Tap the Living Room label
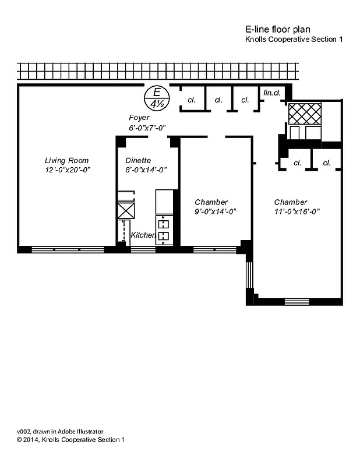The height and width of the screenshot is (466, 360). coord(67,160)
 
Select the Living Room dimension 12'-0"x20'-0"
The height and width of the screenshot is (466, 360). coord(68,170)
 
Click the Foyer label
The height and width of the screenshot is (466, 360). coord(139,118)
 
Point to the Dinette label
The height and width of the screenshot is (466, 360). coord(138,160)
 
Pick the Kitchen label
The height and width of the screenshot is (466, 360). coord(143,235)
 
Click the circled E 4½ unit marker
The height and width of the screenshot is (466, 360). coord(156,98)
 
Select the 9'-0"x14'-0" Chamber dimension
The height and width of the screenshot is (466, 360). coord(215,211)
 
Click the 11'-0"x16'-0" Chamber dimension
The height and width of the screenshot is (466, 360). coord(297,211)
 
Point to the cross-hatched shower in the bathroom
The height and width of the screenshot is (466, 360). coord(305,113)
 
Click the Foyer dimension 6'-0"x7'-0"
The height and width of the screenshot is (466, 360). coord(147,128)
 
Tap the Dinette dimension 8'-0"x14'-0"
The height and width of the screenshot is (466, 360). coord(146,170)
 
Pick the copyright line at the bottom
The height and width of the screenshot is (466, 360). coord(70,440)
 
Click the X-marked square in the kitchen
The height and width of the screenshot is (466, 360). coord(126,210)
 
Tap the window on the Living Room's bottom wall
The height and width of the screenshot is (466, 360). coord(67,249)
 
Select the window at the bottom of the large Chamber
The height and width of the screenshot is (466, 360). coord(297,302)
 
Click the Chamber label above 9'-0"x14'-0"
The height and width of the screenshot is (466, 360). coord(211,202)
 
